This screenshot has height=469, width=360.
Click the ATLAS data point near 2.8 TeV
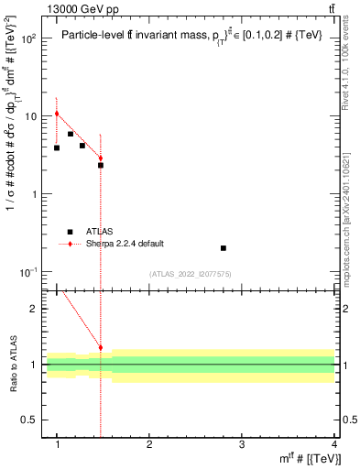click(224, 248)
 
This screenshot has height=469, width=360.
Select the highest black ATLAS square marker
click(70, 134)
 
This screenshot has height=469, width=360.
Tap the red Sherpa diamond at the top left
click(57, 114)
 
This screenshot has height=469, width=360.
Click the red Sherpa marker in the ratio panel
click(101, 348)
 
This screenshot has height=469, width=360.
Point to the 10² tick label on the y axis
click(28, 38)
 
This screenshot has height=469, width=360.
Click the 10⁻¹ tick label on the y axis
click(28, 272)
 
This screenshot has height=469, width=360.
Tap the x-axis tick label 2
click(149, 444)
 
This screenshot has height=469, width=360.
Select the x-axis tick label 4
click(333, 444)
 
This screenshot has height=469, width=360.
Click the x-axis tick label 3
click(241, 444)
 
